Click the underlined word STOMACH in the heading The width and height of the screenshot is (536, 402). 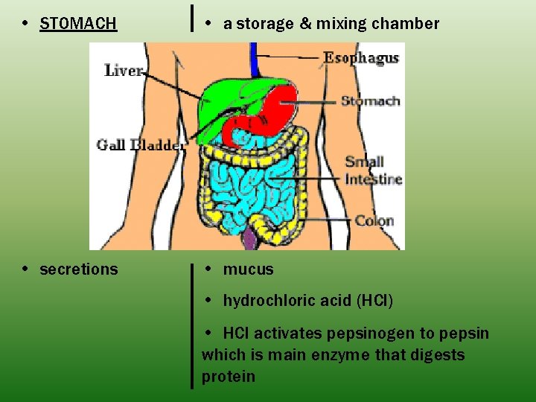pos(78,24)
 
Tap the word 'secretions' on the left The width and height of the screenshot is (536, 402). pos(78,269)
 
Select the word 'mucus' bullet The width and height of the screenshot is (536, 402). pos(249,269)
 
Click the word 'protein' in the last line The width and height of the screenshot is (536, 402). pos(229,377)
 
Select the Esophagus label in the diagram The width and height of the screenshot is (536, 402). pos(361,58)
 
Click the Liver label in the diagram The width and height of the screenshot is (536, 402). pos(124,71)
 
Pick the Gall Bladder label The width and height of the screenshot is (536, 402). pos(141,145)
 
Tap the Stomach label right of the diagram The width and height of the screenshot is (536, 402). pos(370,101)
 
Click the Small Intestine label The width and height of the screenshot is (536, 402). pos(373,170)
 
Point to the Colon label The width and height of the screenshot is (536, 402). pos(374,220)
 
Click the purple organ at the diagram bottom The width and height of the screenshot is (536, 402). pos(249,238)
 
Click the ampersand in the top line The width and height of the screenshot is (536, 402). pos(305,24)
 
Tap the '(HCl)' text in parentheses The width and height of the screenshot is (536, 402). pos(374,301)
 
